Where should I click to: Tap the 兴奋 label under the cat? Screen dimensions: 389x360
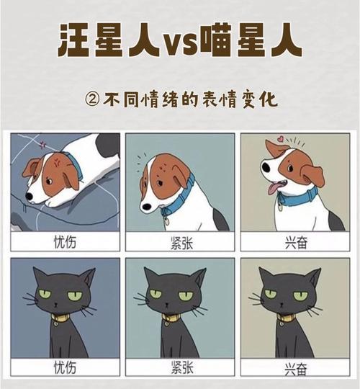(x=294, y=368)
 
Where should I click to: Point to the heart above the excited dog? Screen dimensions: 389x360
(x=278, y=137)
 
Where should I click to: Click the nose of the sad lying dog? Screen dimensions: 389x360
(x=29, y=196)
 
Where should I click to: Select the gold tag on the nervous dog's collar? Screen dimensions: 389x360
(x=164, y=213)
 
